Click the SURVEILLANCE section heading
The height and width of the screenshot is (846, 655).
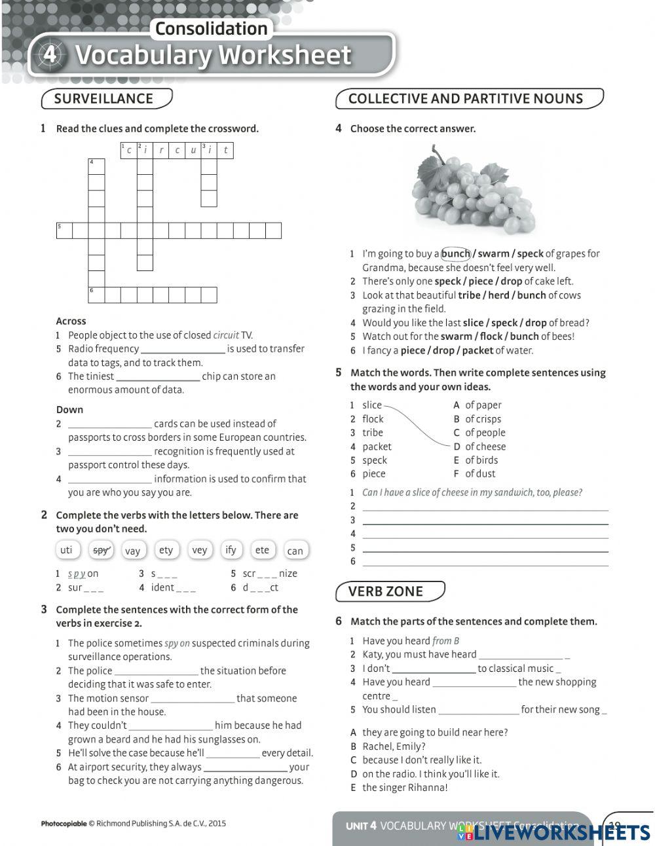point(103,99)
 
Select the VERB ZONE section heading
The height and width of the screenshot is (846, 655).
point(386,591)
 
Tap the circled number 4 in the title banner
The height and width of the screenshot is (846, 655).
point(50,55)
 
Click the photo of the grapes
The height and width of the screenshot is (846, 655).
point(473,189)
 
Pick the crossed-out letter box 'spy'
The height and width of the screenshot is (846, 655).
point(101,550)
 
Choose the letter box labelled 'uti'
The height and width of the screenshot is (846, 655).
point(67,550)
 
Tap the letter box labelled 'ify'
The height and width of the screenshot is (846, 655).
point(231,550)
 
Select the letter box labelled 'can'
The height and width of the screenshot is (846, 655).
point(295,551)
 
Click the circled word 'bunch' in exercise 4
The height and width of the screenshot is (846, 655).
point(456,253)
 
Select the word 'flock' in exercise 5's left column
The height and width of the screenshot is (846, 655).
point(373,419)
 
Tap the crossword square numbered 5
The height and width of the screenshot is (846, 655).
point(64,230)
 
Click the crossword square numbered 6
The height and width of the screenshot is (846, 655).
point(96,295)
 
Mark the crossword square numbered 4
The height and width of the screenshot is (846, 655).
point(96,166)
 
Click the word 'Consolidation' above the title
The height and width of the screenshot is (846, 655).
point(211,29)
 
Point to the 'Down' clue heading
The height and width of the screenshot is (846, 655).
point(69,410)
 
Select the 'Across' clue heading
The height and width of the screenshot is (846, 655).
point(71,322)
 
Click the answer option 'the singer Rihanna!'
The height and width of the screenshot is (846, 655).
point(405,788)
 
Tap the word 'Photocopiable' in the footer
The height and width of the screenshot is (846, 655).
point(64,824)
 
